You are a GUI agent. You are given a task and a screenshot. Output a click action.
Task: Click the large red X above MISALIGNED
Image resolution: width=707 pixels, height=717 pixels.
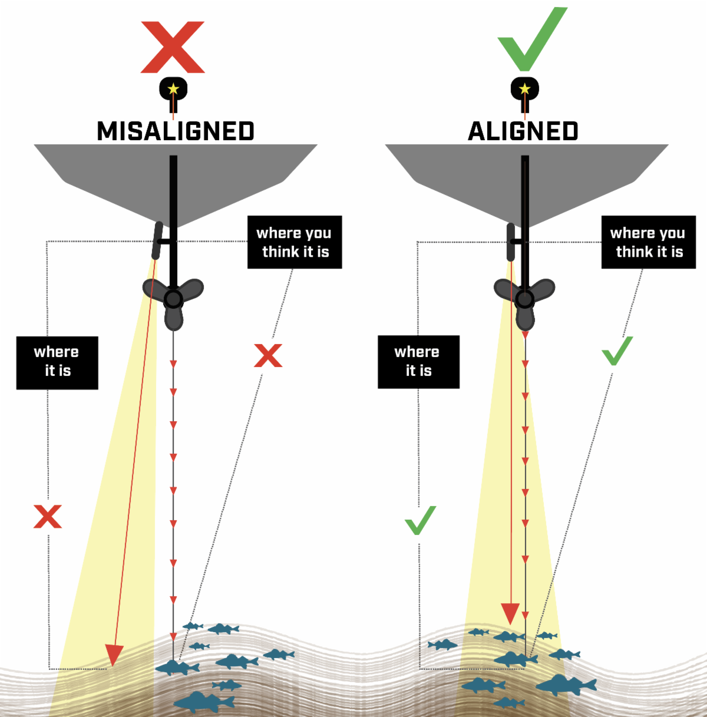(x=173, y=47)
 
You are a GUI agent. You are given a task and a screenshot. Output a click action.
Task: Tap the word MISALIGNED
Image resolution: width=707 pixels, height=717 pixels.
(x=175, y=131)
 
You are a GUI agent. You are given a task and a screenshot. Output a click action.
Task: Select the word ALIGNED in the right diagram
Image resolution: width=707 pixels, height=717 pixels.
(x=523, y=131)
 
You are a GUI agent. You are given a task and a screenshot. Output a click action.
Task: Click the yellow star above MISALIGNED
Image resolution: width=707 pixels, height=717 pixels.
(x=173, y=90)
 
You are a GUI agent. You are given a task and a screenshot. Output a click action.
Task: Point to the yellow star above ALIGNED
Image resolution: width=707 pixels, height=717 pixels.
(x=525, y=90)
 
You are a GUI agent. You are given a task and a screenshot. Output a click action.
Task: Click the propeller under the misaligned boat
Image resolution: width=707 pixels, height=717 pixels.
(x=173, y=299)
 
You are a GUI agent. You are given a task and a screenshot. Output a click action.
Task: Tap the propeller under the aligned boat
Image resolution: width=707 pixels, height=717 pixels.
(x=524, y=299)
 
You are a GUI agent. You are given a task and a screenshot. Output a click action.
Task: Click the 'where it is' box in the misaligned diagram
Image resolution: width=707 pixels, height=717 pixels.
(x=57, y=362)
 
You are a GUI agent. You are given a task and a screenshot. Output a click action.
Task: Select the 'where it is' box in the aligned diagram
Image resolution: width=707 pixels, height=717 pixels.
(x=418, y=362)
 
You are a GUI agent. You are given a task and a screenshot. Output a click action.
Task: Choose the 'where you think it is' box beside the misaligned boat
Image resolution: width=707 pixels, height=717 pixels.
(x=295, y=242)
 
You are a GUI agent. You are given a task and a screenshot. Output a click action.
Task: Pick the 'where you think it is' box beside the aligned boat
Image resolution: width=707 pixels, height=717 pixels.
(x=648, y=242)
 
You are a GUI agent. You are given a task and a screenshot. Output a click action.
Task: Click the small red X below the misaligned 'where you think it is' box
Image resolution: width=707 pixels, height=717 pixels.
(x=268, y=356)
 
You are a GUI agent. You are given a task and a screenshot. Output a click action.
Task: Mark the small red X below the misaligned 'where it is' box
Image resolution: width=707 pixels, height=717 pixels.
(x=48, y=516)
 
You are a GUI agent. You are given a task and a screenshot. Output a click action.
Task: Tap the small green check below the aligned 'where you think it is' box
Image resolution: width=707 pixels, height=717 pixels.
(x=617, y=351)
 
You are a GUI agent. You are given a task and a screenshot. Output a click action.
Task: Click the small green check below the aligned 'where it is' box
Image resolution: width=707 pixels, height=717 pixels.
(x=420, y=521)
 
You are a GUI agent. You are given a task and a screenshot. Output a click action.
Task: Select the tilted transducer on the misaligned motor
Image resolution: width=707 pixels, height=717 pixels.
(x=157, y=240)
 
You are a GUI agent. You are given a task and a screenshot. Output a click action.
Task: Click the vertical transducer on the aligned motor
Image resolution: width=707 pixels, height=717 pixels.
(x=510, y=242)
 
